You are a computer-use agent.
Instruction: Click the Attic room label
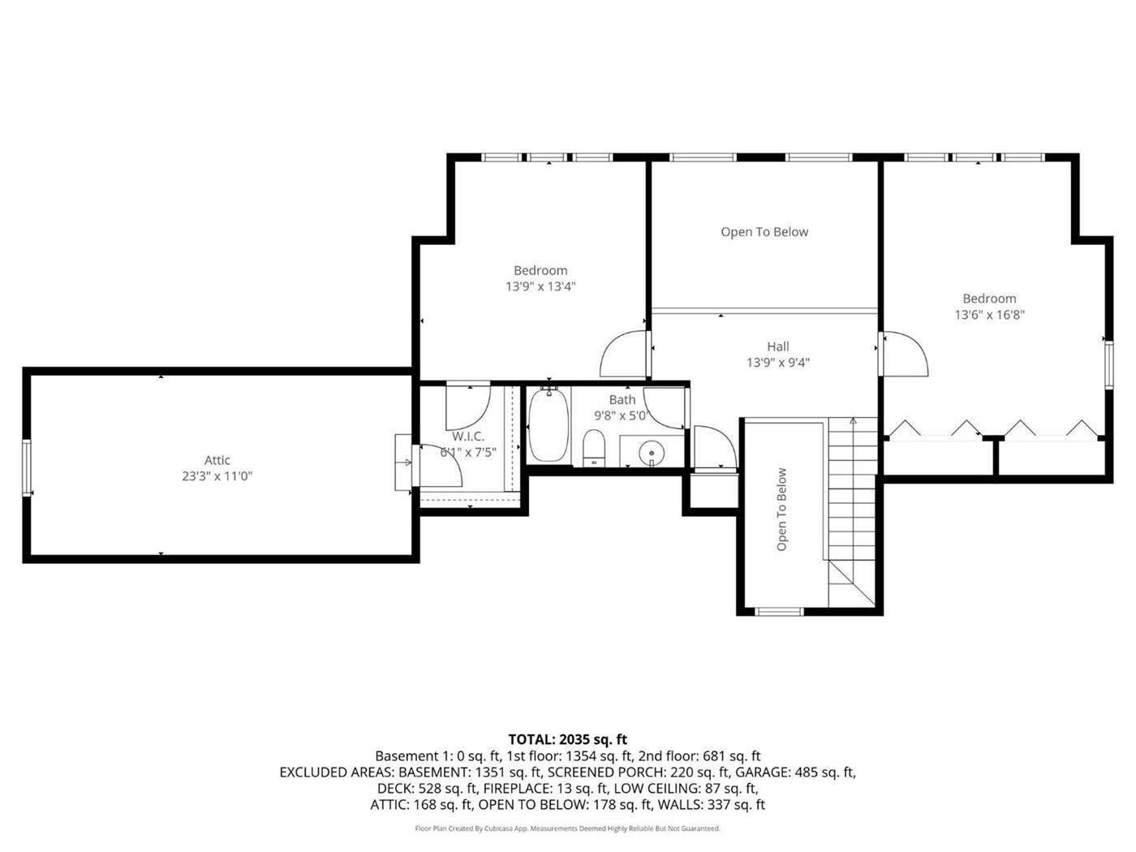pyautogui.click(x=217, y=460)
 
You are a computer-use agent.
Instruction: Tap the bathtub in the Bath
pyautogui.click(x=549, y=425)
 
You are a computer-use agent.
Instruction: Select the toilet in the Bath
pyautogui.click(x=594, y=448)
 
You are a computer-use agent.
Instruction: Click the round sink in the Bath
pyautogui.click(x=652, y=453)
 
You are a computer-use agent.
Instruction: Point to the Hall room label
pyautogui.click(x=778, y=346)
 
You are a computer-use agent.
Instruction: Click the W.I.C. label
pyautogui.click(x=468, y=437)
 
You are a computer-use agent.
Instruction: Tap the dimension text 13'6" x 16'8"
pyautogui.click(x=989, y=315)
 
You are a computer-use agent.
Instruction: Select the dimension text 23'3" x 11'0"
pyautogui.click(x=217, y=476)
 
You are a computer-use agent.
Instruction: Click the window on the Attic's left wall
pyautogui.click(x=27, y=467)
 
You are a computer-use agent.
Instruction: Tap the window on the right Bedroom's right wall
pyautogui.click(x=1108, y=364)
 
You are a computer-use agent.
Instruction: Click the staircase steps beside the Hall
pyautogui.click(x=852, y=512)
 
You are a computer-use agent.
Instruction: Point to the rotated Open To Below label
pyautogui.click(x=781, y=509)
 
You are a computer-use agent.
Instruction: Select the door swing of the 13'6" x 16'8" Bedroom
pyautogui.click(x=905, y=354)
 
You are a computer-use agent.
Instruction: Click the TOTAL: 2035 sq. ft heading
pyautogui.click(x=567, y=739)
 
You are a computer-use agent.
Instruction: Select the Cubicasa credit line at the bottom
pyautogui.click(x=567, y=828)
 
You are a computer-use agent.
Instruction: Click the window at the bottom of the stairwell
pyautogui.click(x=779, y=612)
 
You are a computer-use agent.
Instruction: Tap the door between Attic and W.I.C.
pyautogui.click(x=439, y=465)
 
